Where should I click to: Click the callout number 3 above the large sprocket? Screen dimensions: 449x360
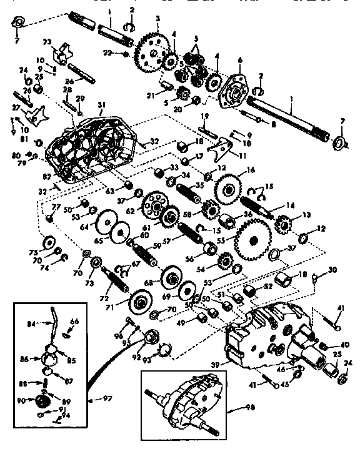[158, 19]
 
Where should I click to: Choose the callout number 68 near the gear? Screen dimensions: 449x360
[148, 284]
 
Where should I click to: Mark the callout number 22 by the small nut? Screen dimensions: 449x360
[108, 53]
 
